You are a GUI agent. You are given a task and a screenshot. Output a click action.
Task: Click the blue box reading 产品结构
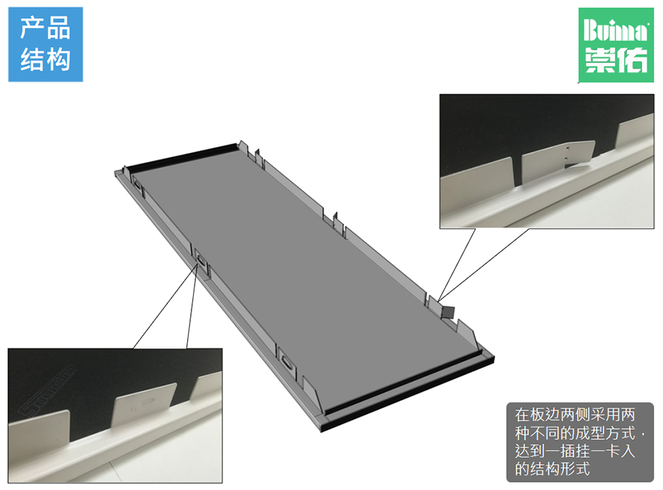point(45,44)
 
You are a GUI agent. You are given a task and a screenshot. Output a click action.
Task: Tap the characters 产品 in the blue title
point(45,29)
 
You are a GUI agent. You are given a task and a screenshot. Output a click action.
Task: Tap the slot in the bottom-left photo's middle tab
point(152,399)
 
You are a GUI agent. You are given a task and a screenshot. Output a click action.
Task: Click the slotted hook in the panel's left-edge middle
point(201,260)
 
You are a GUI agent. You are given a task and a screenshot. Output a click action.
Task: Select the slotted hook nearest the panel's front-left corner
point(286,362)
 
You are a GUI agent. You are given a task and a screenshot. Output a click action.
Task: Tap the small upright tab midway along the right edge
point(335,219)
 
